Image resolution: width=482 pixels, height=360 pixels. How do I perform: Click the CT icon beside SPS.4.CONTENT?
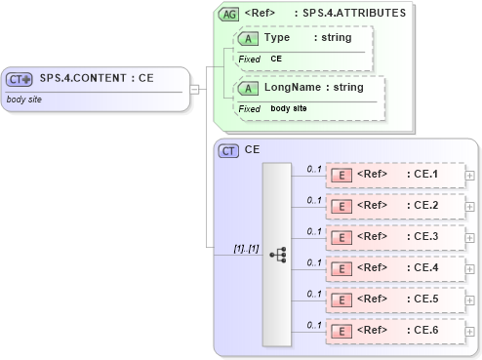20,79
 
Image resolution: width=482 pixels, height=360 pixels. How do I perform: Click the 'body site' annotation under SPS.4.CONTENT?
23,100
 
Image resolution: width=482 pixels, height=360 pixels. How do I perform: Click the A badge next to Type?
248,38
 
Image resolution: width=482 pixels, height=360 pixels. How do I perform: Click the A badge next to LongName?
248,88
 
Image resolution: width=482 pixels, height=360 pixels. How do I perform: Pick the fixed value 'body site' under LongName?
288,108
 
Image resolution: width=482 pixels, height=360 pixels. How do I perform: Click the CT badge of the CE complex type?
228,151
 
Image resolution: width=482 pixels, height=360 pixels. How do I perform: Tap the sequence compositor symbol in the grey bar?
277,254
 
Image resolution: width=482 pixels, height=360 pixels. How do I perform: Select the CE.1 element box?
394,175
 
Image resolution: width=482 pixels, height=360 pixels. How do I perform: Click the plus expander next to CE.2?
471,206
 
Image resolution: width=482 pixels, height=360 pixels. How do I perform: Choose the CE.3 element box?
394,237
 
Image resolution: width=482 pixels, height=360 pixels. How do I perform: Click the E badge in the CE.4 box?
341,268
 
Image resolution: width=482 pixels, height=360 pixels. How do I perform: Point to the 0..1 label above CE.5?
314,294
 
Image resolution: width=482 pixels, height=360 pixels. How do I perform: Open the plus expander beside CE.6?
471,331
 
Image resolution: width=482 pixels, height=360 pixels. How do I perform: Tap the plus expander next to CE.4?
471,268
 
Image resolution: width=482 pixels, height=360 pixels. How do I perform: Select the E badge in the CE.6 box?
341,331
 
